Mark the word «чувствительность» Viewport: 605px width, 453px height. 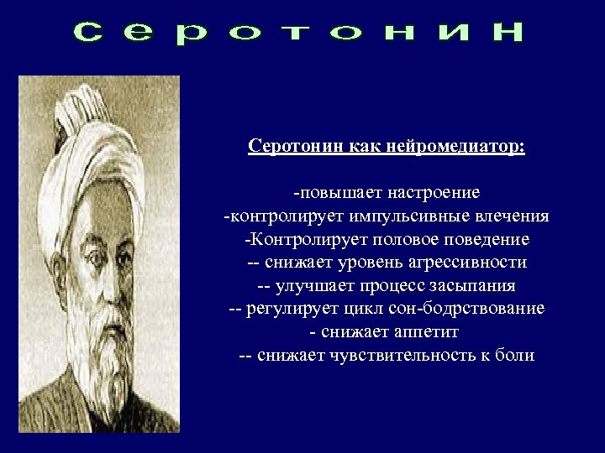click(393, 355)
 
